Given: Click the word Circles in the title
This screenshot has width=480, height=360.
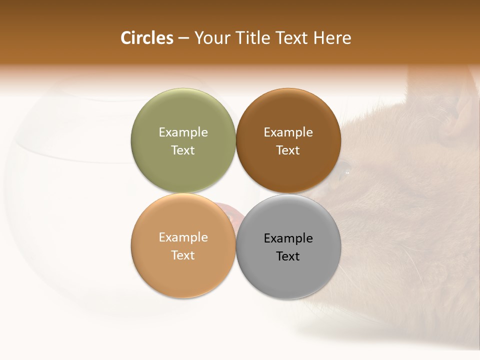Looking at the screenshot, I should tap(147, 38).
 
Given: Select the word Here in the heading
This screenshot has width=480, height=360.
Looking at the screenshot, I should tap(332, 38).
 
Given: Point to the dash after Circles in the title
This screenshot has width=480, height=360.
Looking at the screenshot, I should tap(183, 38).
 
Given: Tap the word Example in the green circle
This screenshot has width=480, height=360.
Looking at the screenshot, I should tap(183, 132).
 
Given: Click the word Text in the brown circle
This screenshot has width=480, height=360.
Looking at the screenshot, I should tap(288, 150).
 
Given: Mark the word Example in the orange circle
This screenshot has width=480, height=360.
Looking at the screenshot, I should tap(183, 237).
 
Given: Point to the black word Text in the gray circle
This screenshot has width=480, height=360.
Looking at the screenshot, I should tap(288, 256).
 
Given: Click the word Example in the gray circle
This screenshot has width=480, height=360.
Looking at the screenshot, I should tap(288, 238).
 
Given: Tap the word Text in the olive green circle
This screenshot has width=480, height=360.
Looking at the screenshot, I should tap(183, 150).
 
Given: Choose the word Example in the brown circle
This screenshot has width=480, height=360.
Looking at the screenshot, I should tap(288, 132).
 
